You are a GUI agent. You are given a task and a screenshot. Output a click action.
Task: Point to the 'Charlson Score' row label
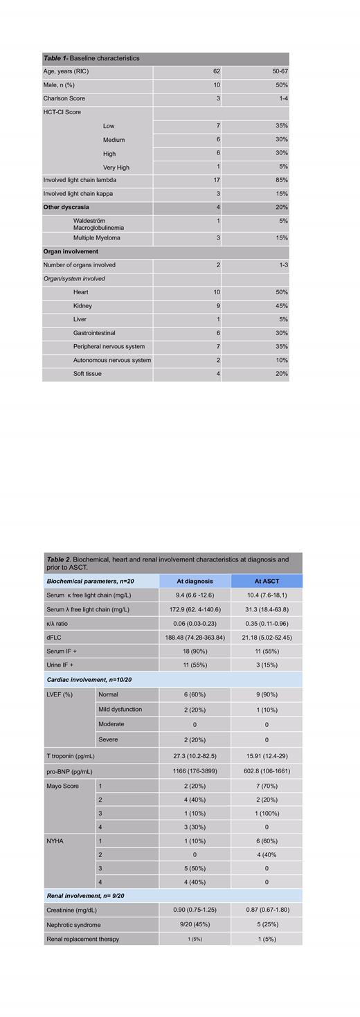[x=64, y=99]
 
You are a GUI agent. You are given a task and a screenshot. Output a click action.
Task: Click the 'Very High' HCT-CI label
[x=116, y=168]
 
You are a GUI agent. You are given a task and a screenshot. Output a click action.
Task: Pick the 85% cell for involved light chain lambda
[x=281, y=180]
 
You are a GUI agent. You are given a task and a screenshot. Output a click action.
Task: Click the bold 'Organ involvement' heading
[x=71, y=252]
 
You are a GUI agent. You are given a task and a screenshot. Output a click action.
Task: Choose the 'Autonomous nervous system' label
[x=112, y=360]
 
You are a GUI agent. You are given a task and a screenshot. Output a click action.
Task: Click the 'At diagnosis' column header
[x=195, y=581]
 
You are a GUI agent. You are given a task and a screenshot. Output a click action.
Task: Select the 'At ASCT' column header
[x=267, y=581]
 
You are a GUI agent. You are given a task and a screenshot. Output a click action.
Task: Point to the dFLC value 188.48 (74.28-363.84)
[x=195, y=638]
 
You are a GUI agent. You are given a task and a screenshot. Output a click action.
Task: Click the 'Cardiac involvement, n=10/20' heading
[x=89, y=680]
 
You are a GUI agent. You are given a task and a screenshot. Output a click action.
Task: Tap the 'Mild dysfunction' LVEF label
[x=120, y=709]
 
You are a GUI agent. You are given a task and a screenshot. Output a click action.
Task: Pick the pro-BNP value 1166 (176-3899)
[x=195, y=771]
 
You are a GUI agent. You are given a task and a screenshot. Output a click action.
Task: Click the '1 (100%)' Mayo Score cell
[x=267, y=813]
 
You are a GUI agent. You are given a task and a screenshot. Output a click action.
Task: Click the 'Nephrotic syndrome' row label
[x=73, y=925]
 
